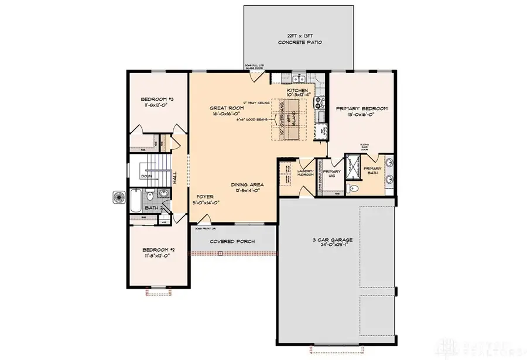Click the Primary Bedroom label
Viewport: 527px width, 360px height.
pyautogui.click(x=361, y=112)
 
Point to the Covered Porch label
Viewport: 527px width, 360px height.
pyautogui.click(x=232, y=241)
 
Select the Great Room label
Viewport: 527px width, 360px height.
pyautogui.click(x=226, y=112)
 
